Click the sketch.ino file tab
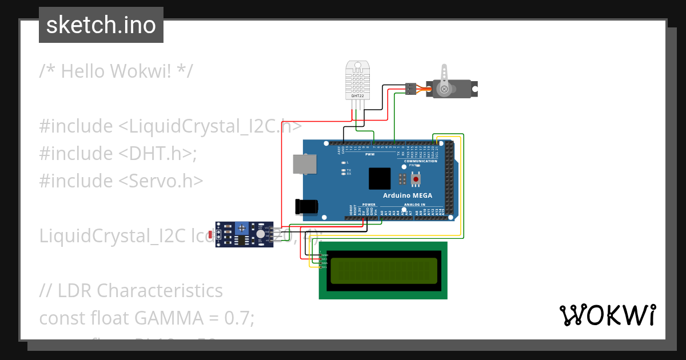point(101,25)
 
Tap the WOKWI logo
point(607,315)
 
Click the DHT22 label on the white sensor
point(357,95)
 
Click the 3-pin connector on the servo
point(410,89)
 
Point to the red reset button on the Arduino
point(416,179)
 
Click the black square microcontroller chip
point(379,178)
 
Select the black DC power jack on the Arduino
point(305,206)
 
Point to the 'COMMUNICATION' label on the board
point(420,161)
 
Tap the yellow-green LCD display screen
point(383,270)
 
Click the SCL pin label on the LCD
point(325,267)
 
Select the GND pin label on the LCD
point(325,255)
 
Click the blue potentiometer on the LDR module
point(242,228)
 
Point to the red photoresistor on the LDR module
point(211,234)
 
